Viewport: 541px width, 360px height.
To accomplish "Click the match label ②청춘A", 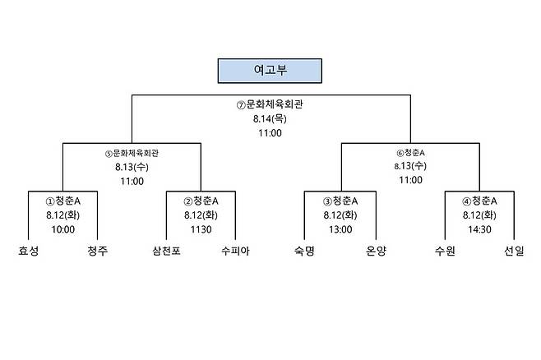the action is (201, 201).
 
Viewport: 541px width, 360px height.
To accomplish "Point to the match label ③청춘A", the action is (340, 201).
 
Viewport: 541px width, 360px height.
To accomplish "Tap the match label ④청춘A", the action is (479, 201).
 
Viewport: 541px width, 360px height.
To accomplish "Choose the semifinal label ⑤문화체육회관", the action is (132, 153).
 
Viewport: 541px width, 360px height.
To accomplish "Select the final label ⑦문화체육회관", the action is (270, 104).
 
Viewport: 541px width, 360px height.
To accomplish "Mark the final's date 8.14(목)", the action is (270, 118).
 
